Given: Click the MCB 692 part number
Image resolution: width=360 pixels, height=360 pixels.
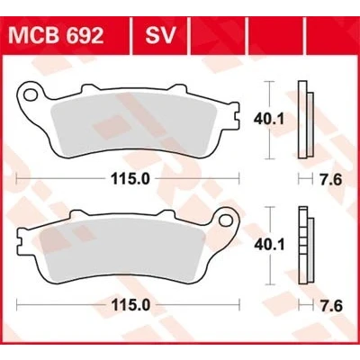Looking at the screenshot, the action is (x=56, y=36).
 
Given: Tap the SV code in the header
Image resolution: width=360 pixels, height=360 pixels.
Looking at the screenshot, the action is (x=160, y=36).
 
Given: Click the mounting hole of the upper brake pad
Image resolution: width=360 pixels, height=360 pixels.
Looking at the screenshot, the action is (x=31, y=95).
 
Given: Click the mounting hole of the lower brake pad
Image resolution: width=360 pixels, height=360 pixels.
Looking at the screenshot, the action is (x=226, y=220).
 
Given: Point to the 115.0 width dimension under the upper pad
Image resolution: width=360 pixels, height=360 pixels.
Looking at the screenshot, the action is (x=130, y=179).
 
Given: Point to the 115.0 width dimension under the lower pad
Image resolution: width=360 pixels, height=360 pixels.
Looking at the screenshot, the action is (x=130, y=306).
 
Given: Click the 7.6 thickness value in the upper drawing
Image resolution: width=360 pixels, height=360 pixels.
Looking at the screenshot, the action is (x=330, y=180).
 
